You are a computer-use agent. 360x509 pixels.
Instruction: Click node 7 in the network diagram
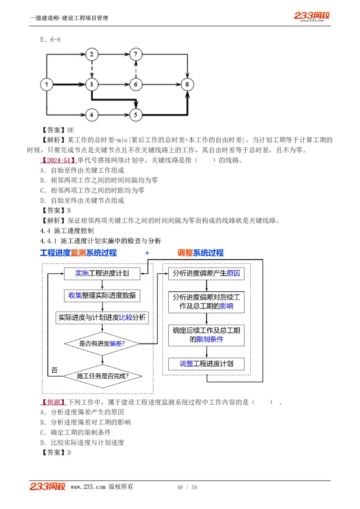pyautogui.click(x=136, y=54)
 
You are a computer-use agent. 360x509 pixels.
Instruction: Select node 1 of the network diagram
pyautogui.click(x=46, y=84)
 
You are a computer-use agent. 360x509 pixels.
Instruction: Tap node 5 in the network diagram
pyautogui.click(x=136, y=115)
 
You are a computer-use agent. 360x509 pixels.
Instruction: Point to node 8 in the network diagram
pyautogui.click(x=188, y=84)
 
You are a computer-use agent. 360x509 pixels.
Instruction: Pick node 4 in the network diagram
pyautogui.click(x=91, y=115)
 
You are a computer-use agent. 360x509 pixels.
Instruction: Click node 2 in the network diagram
pyautogui.click(x=91, y=54)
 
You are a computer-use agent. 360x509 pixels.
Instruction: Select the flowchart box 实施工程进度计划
pyautogui.click(x=102, y=273)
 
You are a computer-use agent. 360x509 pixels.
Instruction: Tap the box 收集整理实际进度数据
pyautogui.click(x=102, y=295)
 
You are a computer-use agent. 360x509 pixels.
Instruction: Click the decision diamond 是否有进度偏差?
pyautogui.click(x=102, y=344)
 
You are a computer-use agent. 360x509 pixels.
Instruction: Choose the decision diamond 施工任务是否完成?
pyautogui.click(x=102, y=375)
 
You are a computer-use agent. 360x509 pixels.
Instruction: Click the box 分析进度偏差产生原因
pyautogui.click(x=207, y=273)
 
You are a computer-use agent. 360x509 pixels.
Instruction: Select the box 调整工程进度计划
pyautogui.click(x=207, y=364)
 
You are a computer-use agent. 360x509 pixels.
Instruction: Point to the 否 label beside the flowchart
pyautogui.click(x=54, y=370)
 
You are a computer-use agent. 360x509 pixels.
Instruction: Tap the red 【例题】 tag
pyautogui.click(x=53, y=402)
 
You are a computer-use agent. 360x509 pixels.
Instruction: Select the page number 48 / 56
pyautogui.click(x=188, y=487)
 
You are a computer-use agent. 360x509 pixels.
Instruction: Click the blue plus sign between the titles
pyautogui.click(x=147, y=253)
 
